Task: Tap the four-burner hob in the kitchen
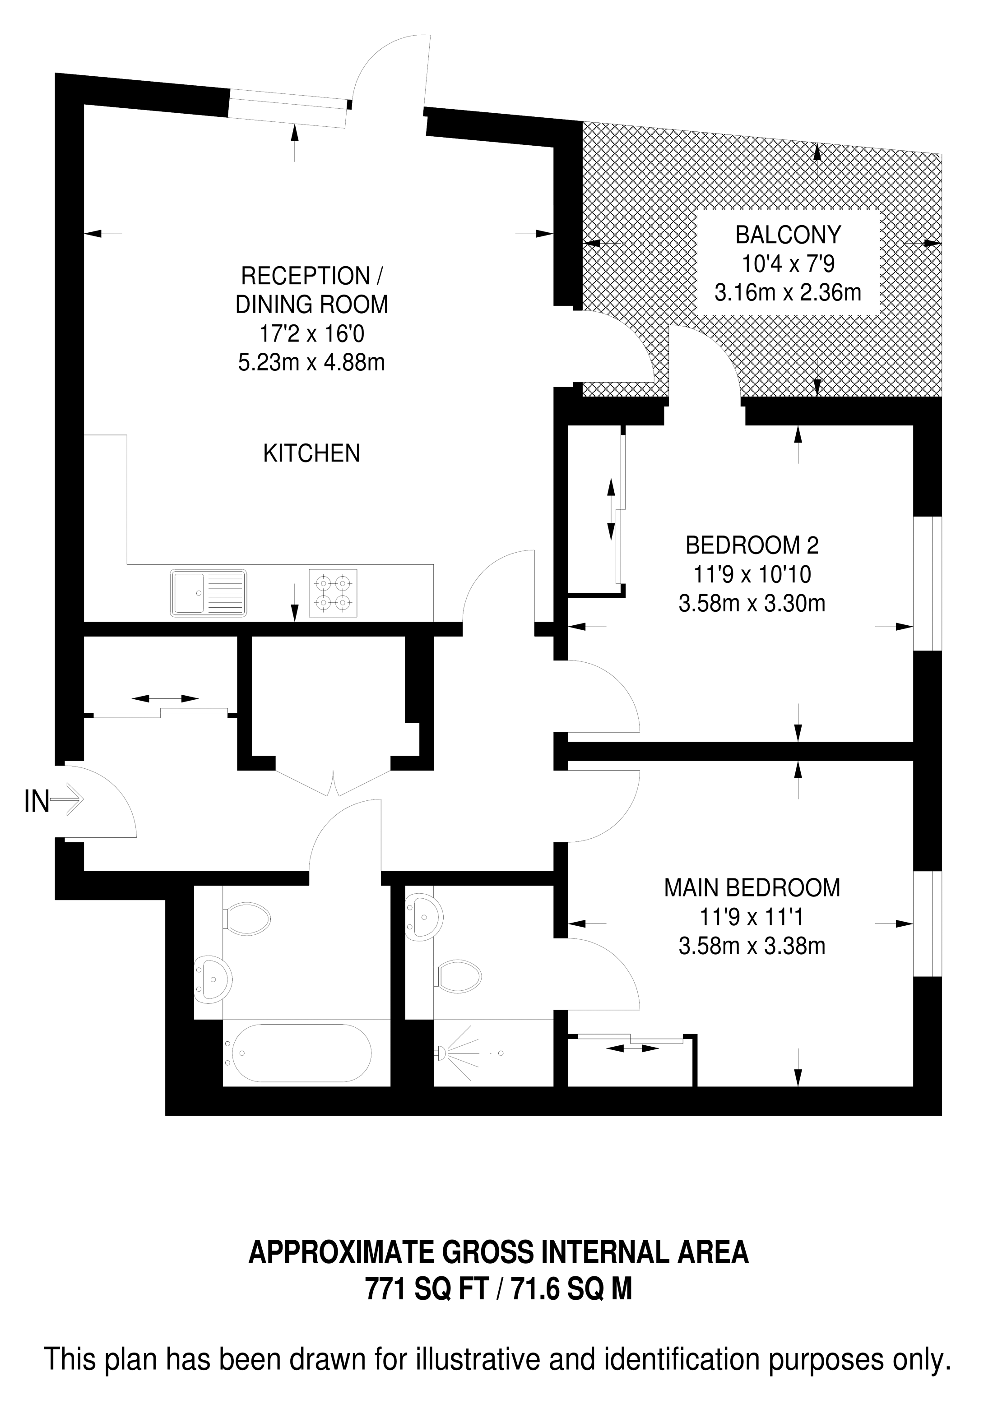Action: coord(333,593)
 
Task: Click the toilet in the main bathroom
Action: coord(246,918)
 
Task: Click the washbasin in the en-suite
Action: coord(423,917)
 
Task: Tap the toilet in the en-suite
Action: coord(456,975)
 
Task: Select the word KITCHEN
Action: coord(311,453)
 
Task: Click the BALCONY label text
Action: coord(788,234)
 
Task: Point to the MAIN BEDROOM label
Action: coord(752,887)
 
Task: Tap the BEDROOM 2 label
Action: coord(752,544)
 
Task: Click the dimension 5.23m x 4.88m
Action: coord(311,363)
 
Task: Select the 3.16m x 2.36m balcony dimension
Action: coord(788,292)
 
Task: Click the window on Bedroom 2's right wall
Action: coord(928,583)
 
